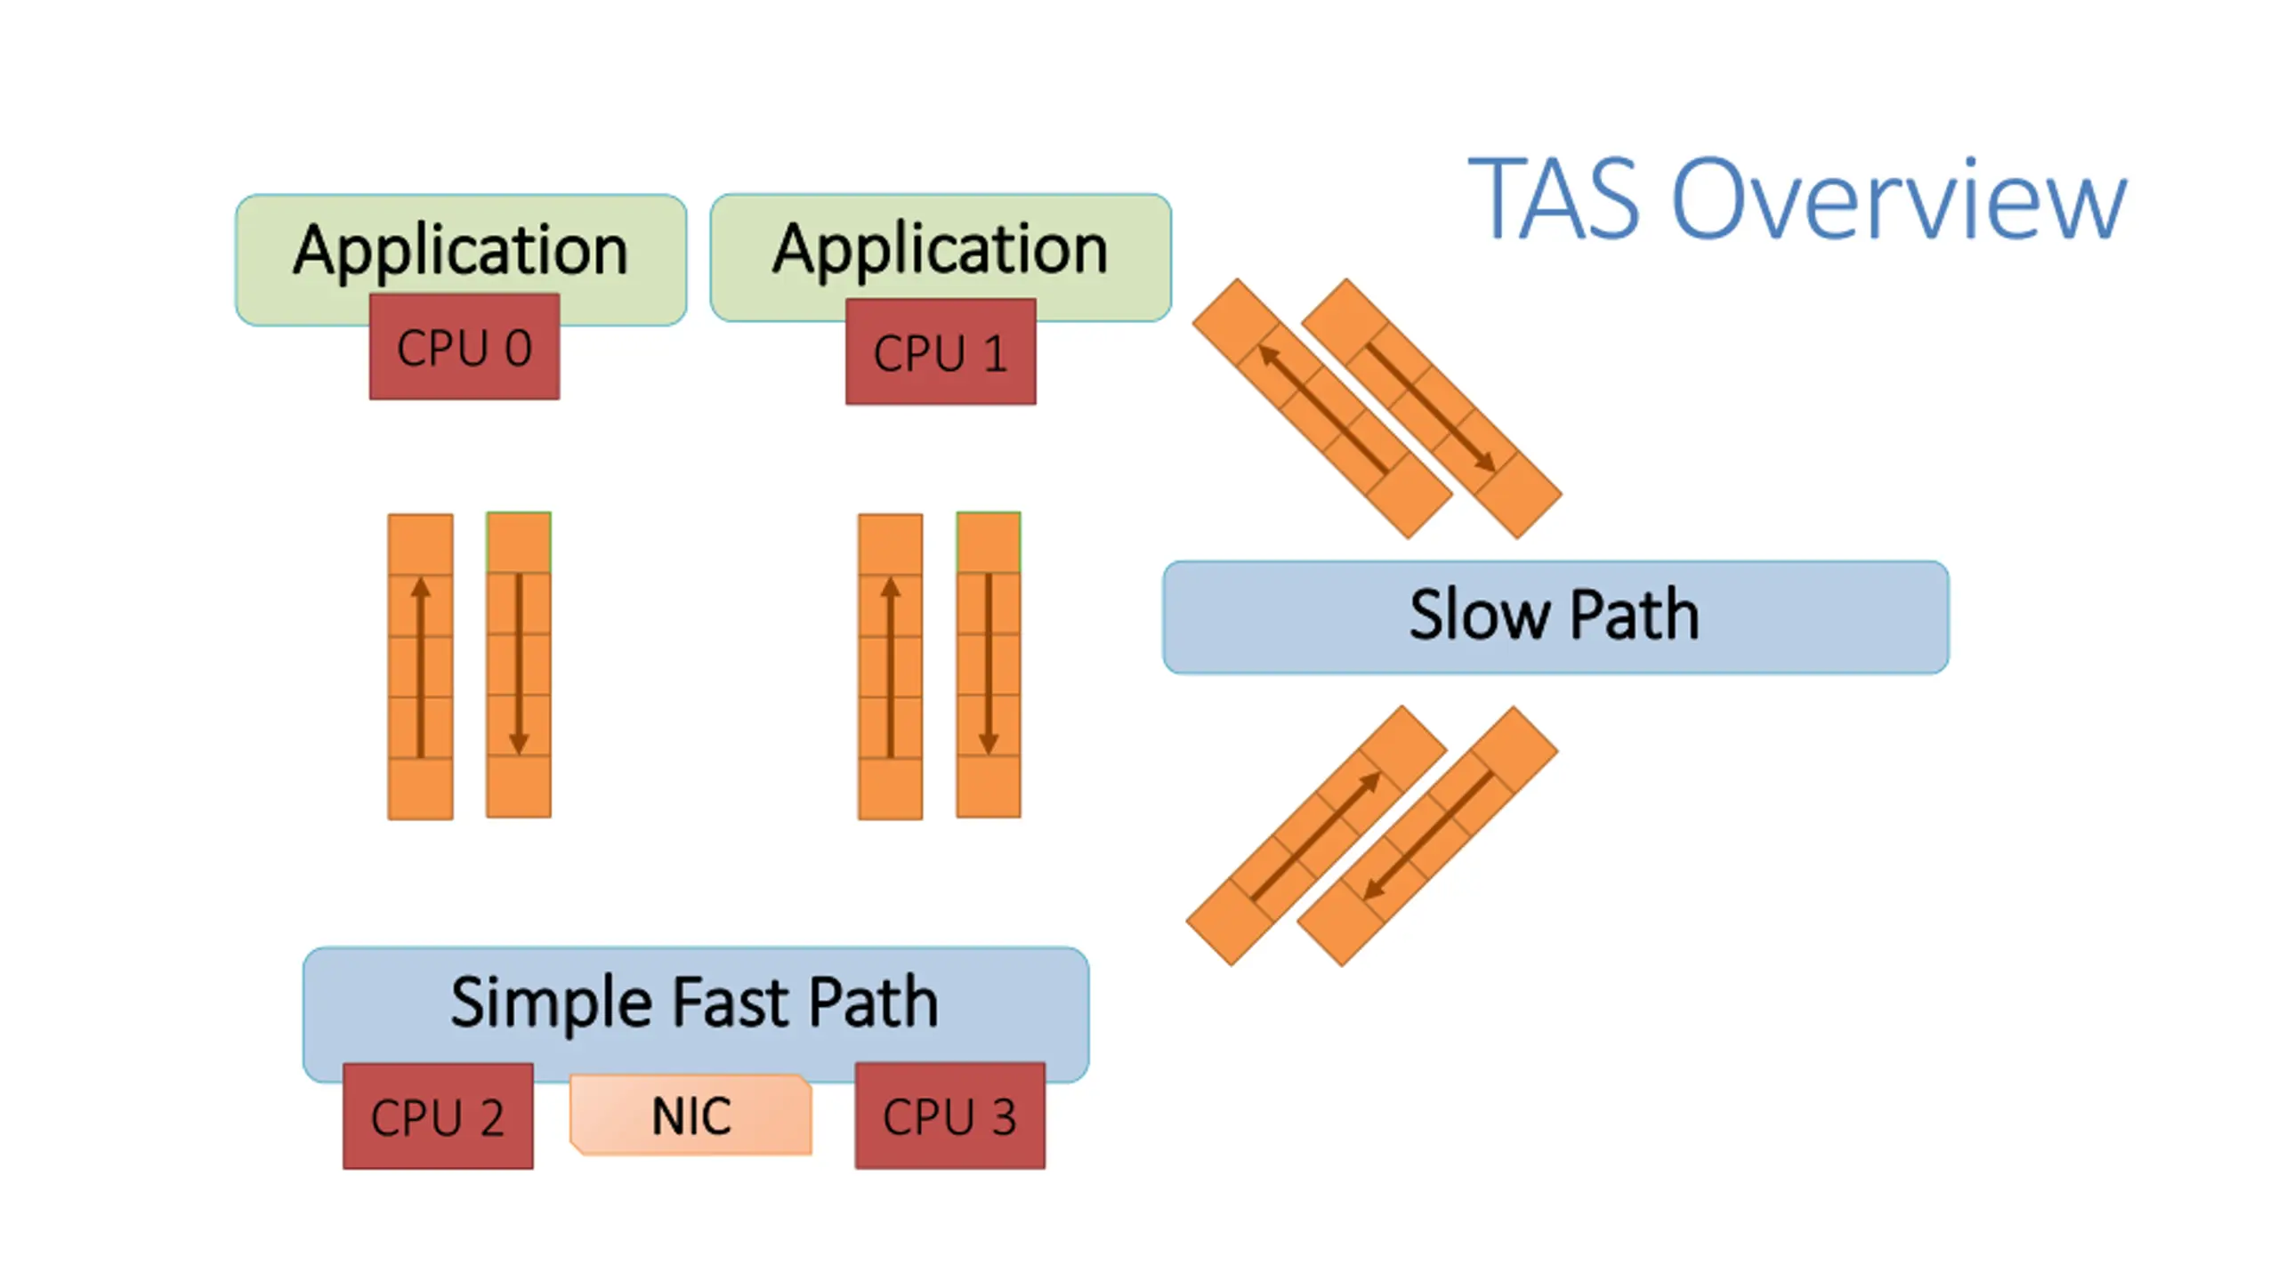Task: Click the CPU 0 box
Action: (x=464, y=347)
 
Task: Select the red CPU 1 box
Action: (x=941, y=351)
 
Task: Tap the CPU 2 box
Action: (x=438, y=1116)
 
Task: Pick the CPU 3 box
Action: (x=950, y=1116)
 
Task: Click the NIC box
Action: (x=691, y=1115)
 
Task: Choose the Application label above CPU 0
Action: (x=461, y=251)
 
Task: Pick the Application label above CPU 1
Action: (x=940, y=250)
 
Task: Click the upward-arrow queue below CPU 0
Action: (x=420, y=666)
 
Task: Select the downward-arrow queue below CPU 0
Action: (x=519, y=665)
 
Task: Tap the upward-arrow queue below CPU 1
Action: (x=890, y=666)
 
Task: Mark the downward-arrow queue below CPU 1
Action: (x=989, y=665)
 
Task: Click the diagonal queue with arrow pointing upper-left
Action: (x=1322, y=408)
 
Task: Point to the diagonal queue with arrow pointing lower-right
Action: (x=1432, y=408)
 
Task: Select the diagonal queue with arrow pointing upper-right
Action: (x=1317, y=835)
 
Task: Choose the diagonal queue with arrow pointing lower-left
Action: (x=1427, y=835)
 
